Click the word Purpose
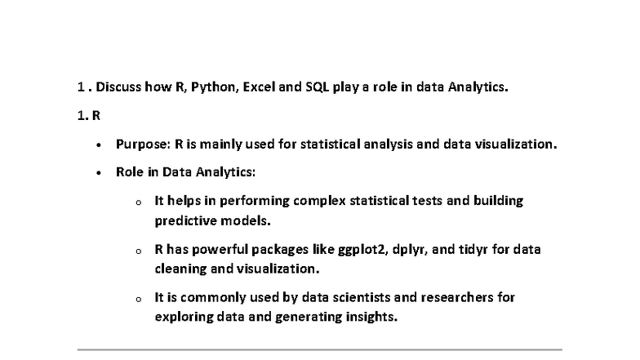point(142,144)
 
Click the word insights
point(372,317)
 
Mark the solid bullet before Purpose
point(99,145)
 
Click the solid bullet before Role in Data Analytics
point(99,173)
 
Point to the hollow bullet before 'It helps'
point(138,202)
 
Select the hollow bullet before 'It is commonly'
point(138,299)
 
